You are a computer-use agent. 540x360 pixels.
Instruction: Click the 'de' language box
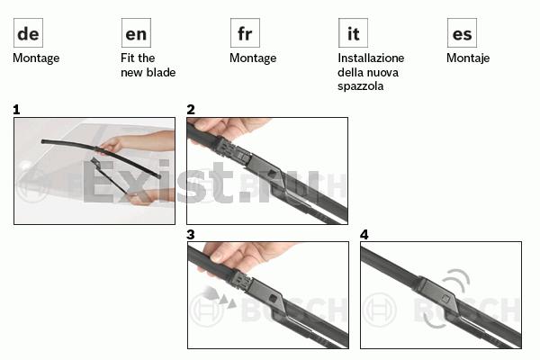[28, 32]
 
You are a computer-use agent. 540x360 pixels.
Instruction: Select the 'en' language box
[136, 32]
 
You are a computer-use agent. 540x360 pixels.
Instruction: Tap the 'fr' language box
[245, 32]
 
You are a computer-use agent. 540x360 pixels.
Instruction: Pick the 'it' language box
[353, 32]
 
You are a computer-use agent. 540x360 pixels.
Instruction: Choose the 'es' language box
[462, 32]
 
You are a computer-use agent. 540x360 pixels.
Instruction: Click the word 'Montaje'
[468, 58]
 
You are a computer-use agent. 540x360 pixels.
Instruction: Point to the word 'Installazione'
[371, 58]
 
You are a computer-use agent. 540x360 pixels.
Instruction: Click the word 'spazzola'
[361, 86]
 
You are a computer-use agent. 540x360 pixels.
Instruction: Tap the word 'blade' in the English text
[160, 72]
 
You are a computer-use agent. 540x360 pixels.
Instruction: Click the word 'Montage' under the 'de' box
[36, 58]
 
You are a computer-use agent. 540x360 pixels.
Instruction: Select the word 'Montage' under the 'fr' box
[253, 58]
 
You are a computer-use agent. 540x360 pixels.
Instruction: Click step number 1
[16, 110]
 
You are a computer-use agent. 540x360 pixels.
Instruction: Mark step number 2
[191, 110]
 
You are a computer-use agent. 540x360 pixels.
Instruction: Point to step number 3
[191, 235]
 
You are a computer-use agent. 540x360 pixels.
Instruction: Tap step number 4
[364, 235]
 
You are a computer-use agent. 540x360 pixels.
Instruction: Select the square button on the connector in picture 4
[445, 298]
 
